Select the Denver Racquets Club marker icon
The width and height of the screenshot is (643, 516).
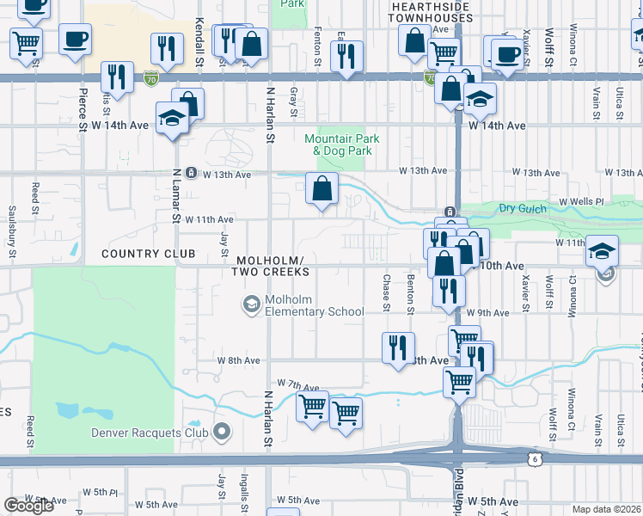223,431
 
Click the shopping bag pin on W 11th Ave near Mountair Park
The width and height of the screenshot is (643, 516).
321,189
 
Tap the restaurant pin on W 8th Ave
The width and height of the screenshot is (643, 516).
398,348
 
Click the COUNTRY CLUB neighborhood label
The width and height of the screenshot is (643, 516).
148,254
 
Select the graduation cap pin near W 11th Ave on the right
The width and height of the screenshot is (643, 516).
602,251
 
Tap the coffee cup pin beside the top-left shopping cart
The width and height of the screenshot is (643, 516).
75,39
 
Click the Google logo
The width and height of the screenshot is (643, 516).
28,506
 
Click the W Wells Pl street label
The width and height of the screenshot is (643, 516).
582,202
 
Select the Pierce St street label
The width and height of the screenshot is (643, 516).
83,109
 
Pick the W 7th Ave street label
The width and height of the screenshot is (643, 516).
298,385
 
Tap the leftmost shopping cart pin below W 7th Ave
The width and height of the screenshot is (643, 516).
312,405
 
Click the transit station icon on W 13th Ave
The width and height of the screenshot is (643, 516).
191,173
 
